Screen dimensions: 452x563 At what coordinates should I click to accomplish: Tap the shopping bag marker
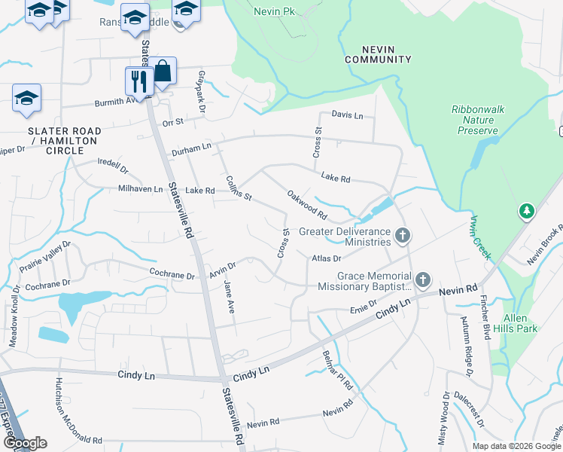162,71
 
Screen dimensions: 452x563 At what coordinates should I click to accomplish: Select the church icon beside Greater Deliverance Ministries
403,237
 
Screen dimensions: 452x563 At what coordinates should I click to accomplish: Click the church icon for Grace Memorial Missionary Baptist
423,281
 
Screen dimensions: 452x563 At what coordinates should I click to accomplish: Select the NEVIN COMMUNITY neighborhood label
378,54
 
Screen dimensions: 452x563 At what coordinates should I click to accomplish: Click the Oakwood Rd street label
307,205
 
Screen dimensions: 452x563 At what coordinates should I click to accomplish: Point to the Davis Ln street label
347,115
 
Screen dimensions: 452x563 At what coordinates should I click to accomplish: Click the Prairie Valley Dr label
46,255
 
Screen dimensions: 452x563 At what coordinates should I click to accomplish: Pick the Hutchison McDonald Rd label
66,411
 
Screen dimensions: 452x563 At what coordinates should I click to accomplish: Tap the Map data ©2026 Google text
516,446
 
